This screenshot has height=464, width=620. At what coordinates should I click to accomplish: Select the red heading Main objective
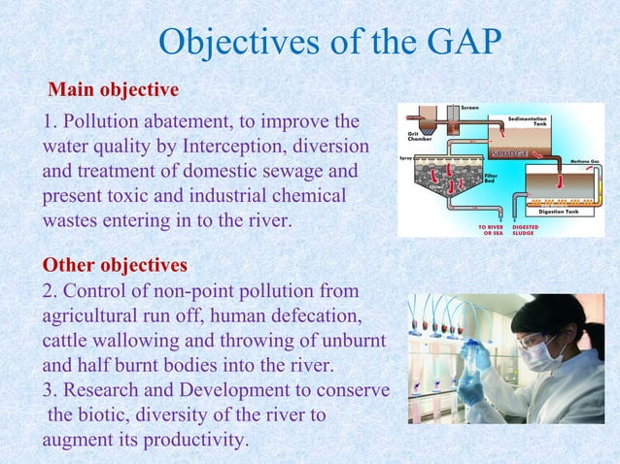[x=114, y=90]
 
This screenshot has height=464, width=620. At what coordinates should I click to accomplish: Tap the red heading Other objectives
[x=115, y=264]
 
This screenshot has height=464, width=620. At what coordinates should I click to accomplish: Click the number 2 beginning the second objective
[x=47, y=291]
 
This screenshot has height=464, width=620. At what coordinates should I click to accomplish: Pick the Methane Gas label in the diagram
[x=583, y=161]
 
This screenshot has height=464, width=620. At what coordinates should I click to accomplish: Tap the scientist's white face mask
[x=539, y=356]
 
